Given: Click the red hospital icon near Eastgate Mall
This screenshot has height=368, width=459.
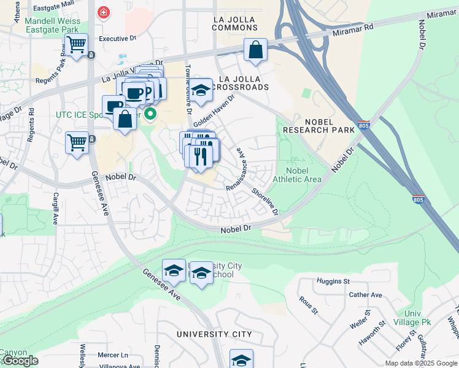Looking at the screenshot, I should [x=104, y=12].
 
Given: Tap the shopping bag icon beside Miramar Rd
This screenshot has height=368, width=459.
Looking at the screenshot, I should [x=255, y=50].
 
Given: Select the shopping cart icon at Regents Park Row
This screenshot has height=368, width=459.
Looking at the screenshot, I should [x=76, y=45].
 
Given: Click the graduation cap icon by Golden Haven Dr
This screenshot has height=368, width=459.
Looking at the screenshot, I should [x=200, y=91].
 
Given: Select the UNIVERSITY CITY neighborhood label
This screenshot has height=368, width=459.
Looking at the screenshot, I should [x=214, y=334].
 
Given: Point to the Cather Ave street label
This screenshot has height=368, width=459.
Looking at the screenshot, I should [x=365, y=294].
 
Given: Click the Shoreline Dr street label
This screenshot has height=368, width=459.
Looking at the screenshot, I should [x=265, y=202].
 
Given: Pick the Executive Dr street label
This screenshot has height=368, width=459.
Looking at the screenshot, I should [x=117, y=38].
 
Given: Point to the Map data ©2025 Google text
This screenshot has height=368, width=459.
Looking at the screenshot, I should [x=421, y=363].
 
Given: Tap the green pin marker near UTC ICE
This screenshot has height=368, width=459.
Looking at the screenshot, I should [x=150, y=115].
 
